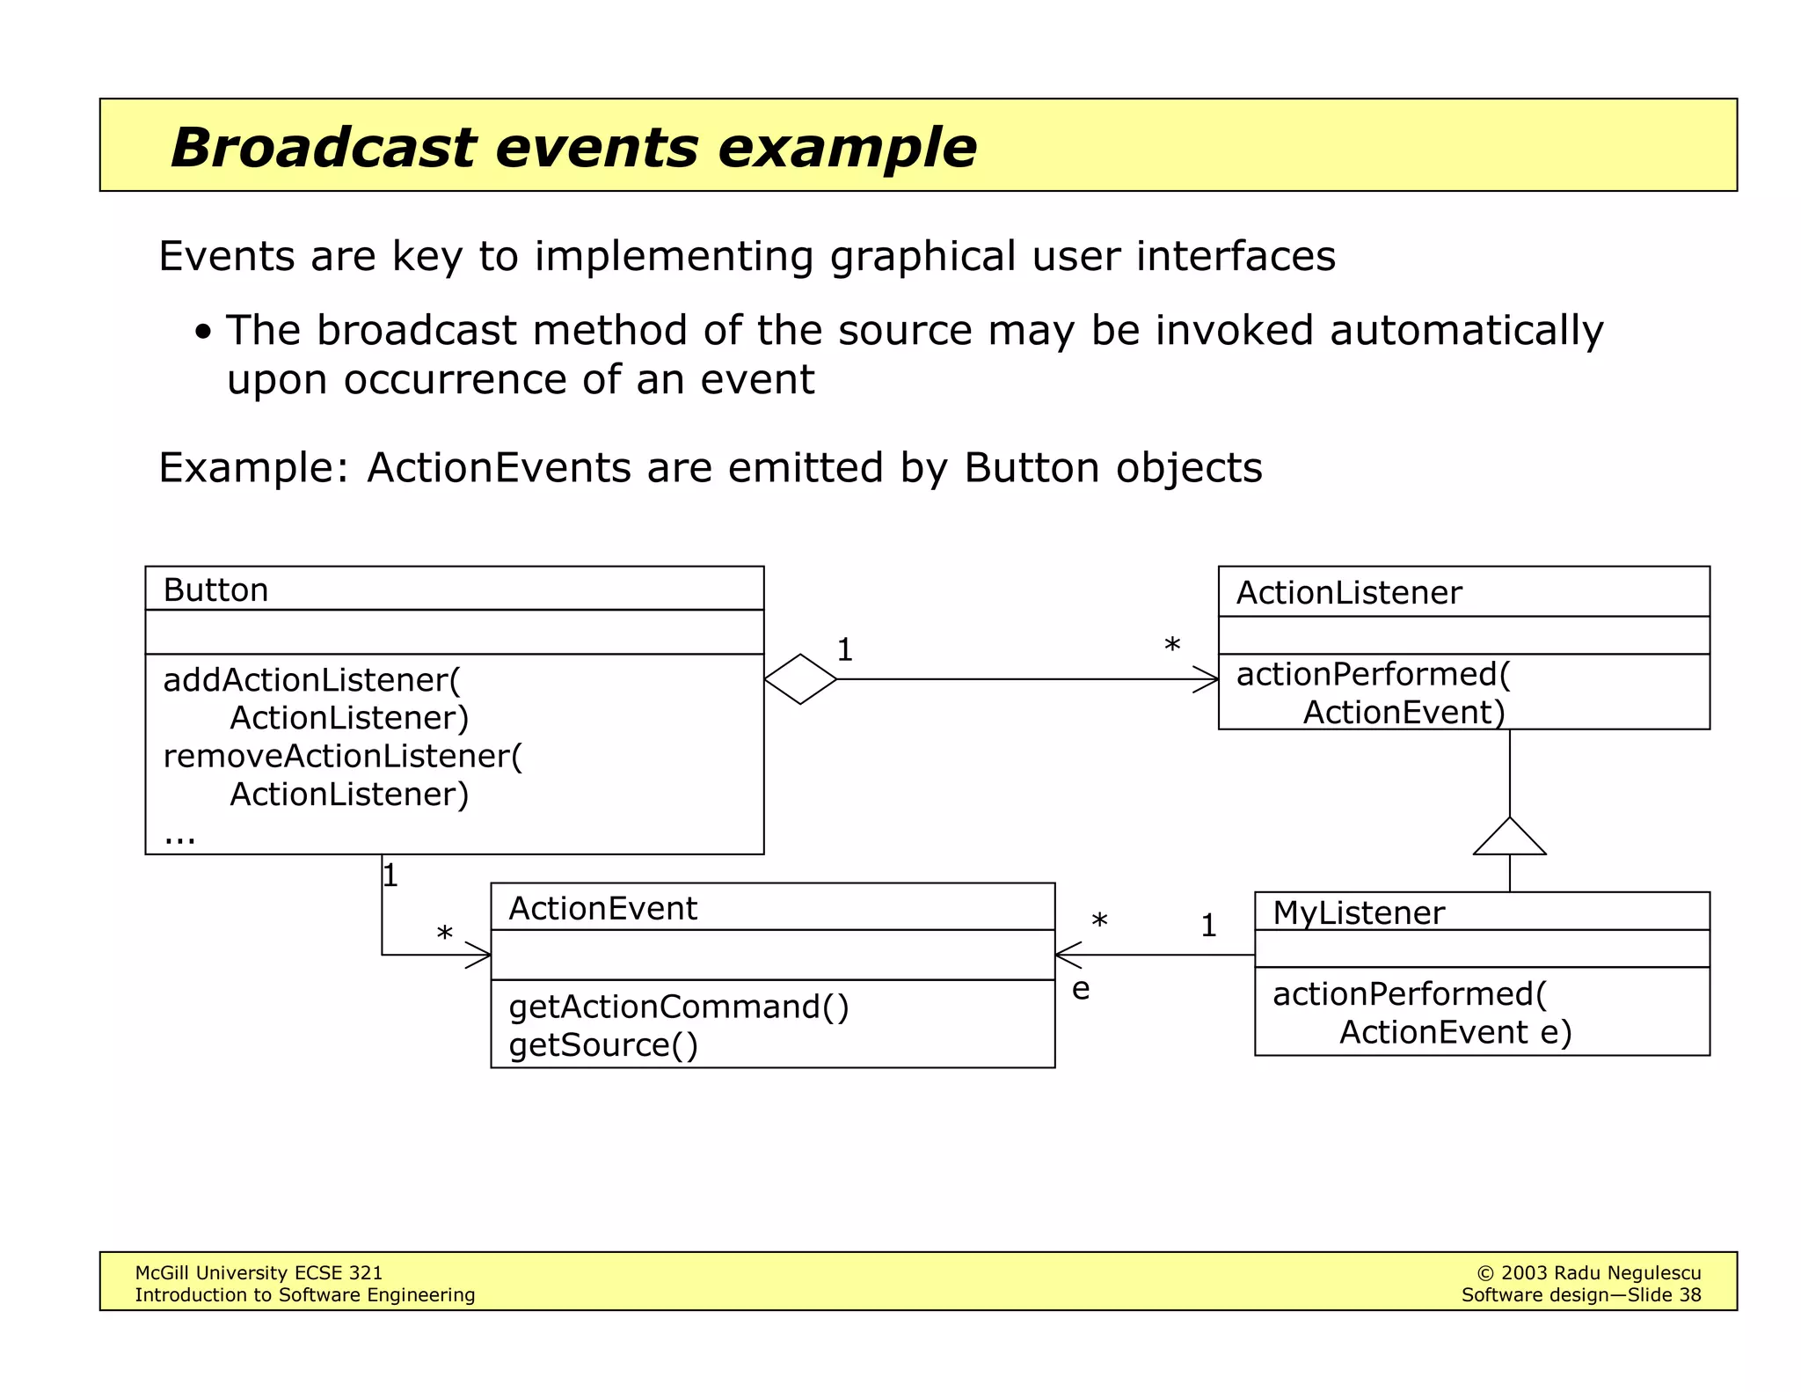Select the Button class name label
(215, 590)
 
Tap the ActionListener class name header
(1348, 593)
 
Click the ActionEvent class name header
(602, 908)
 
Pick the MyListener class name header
(1358, 912)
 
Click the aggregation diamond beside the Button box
(800, 679)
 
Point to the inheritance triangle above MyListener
(1509, 839)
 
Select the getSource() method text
(602, 1045)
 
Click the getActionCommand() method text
(678, 1007)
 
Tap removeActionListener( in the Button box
(342, 756)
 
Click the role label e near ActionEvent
(1081, 989)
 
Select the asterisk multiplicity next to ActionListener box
(1171, 646)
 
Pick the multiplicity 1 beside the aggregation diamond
(844, 650)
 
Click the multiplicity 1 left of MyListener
(1208, 925)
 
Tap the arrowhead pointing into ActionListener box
(1207, 679)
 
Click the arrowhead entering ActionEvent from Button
(480, 955)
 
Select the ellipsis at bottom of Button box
(179, 836)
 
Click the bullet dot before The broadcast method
(203, 333)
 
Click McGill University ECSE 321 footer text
(259, 1272)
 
